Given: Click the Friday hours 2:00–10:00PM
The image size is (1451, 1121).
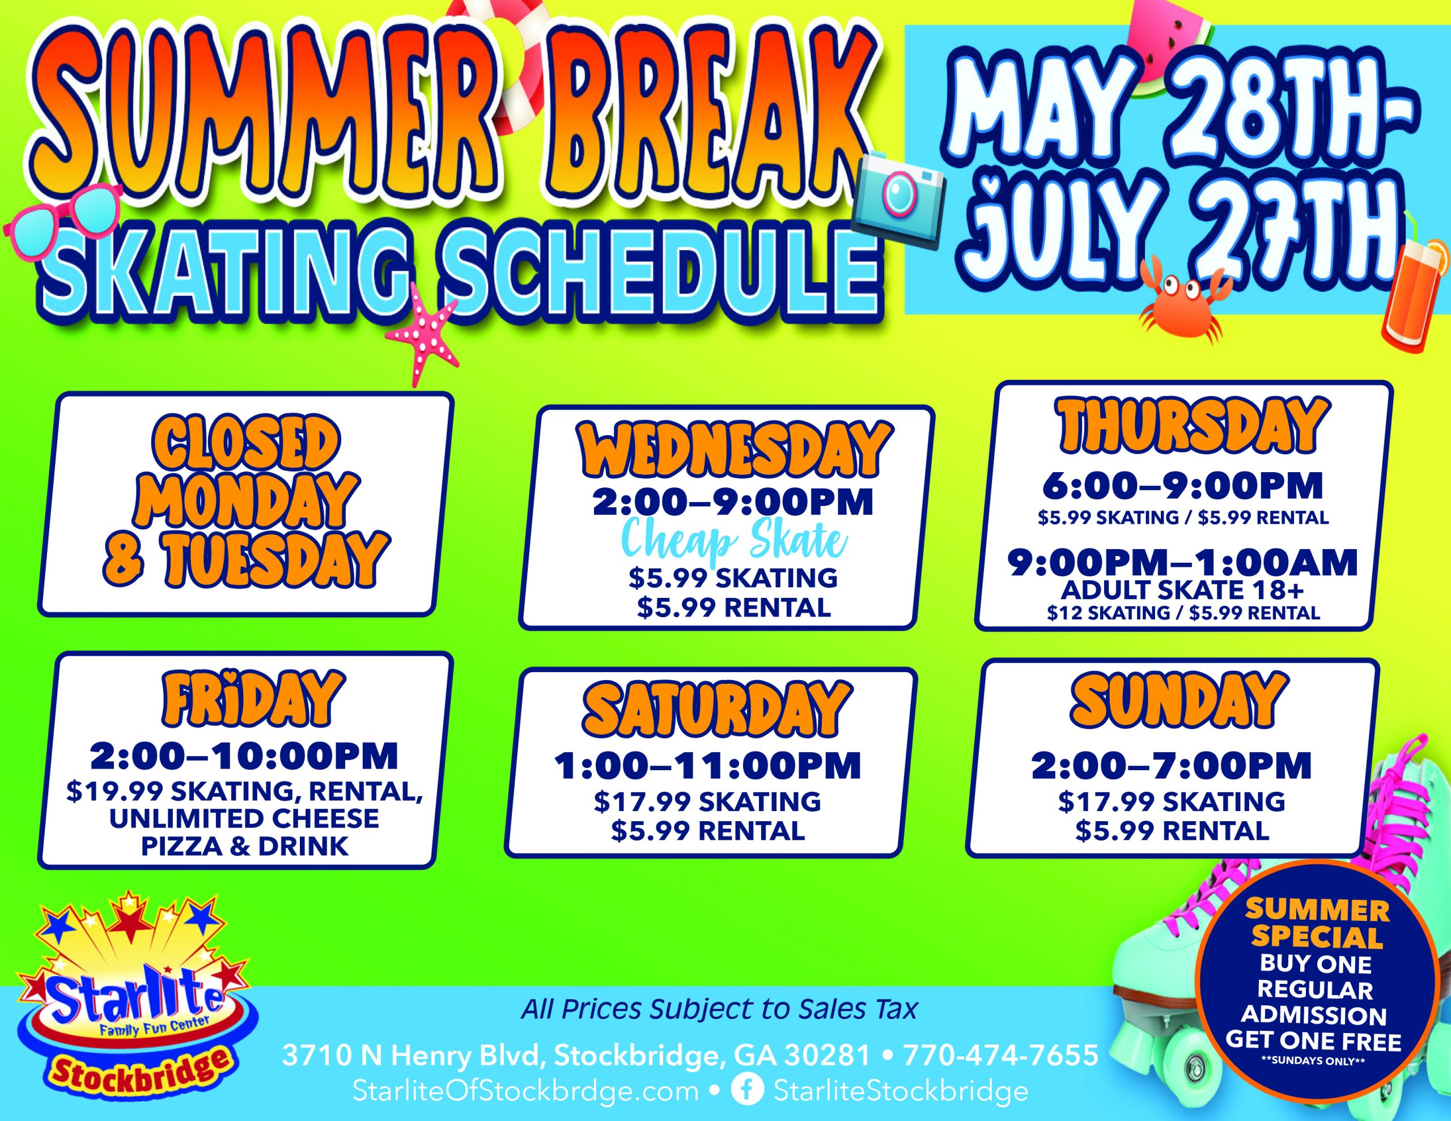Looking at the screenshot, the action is (244, 757).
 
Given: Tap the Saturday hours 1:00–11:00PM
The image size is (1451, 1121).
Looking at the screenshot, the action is (708, 766).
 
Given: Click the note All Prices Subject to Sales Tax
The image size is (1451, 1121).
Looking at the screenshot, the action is (719, 1009).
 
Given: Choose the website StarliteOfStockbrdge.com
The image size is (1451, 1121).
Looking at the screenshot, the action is (525, 1090).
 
